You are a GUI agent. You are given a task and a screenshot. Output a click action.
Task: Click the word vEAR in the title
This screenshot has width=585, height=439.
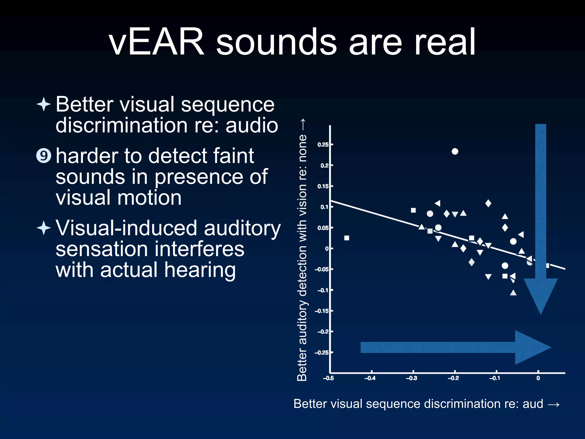[x=157, y=42]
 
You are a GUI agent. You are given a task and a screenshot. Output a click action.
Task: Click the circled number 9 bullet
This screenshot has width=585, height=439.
[x=44, y=156]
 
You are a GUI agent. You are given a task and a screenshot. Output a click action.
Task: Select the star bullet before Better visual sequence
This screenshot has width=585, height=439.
[x=44, y=104]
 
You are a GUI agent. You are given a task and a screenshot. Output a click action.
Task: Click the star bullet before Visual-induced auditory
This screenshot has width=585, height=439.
[x=44, y=228]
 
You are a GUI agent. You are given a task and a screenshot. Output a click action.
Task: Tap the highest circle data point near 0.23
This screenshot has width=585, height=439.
[x=455, y=151]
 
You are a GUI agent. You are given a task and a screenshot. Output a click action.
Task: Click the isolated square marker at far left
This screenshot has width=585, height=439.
[x=347, y=238]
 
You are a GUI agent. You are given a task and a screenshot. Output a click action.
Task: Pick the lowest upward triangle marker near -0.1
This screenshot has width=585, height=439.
[x=513, y=293]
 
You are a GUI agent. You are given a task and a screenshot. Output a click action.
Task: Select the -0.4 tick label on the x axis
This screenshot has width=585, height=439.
[x=370, y=378]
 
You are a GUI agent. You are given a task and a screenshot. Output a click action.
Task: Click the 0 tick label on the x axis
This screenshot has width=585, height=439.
[x=538, y=378]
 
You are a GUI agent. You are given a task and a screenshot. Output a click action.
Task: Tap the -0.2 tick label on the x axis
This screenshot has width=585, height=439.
[x=453, y=378]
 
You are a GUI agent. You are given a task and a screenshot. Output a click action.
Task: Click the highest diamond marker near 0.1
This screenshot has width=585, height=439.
[x=488, y=203]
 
